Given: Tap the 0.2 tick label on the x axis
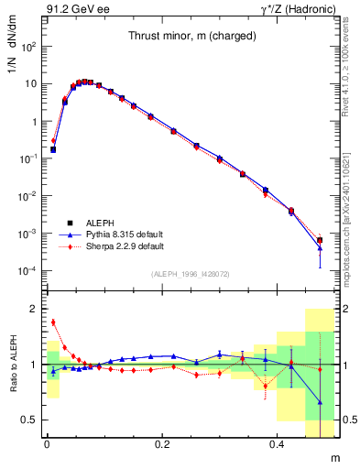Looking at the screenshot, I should [162, 445].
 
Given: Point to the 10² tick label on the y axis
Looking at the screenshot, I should [28, 46].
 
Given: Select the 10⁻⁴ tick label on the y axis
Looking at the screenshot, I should [27, 271].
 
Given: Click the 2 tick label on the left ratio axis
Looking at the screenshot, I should [34, 309].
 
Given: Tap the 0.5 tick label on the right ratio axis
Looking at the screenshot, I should [350, 420].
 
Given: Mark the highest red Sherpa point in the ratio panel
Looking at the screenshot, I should [53, 322].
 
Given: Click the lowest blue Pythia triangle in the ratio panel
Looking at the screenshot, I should [320, 401].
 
